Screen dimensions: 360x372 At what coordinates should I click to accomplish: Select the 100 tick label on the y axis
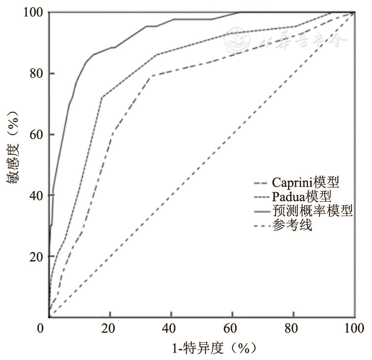32,13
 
